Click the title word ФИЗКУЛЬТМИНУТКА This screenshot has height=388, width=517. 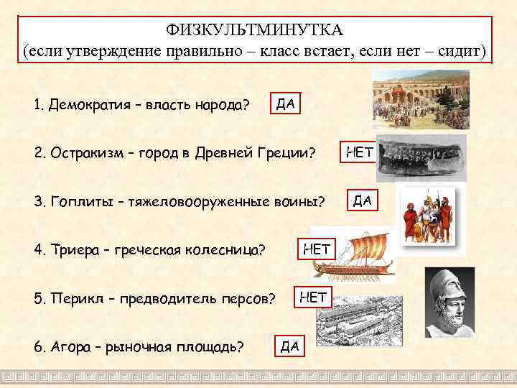tap(256, 30)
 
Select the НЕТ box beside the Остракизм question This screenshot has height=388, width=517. tap(358, 152)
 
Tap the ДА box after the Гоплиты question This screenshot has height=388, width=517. tap(362, 199)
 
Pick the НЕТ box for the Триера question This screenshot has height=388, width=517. tap(317, 249)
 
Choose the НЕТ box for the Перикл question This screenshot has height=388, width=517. tap(312, 295)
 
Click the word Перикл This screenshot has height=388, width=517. tap(75, 297)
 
